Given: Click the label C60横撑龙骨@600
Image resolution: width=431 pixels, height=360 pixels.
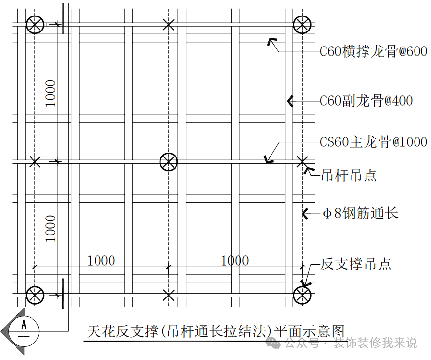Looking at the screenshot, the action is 374,51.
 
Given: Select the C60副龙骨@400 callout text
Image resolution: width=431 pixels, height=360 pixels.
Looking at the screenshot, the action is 367,101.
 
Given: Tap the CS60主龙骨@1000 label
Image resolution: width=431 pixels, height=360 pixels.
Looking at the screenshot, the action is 374,142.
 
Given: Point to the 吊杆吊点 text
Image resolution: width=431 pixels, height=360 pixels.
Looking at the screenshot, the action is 349,175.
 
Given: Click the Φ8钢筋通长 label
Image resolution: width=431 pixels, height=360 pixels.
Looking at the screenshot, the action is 361,213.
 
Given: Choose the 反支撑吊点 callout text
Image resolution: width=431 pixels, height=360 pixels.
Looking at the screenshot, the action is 356,264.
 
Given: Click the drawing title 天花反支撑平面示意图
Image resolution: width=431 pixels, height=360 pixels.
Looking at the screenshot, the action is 216,331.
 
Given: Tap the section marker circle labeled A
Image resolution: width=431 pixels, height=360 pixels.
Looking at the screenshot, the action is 24,331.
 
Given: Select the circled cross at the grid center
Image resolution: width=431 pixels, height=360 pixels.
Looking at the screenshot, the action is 169,162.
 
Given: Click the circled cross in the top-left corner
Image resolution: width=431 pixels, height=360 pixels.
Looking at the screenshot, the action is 35,25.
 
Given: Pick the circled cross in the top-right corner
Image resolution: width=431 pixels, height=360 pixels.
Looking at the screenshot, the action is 302,25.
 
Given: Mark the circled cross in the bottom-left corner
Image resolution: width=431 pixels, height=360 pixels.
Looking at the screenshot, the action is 35,296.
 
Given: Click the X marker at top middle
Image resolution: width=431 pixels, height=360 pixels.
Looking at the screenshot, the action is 169,25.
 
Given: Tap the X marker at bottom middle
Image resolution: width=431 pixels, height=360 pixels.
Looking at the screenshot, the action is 169,296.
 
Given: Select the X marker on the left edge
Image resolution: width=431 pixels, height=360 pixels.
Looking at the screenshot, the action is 35,161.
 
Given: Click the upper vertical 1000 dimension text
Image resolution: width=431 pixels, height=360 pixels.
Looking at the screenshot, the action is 50,94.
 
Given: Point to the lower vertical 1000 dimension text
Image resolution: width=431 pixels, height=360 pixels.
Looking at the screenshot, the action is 50,229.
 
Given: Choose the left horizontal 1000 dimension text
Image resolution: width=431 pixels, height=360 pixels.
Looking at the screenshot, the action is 101,261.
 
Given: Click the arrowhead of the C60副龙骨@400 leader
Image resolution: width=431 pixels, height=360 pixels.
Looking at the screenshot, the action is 290,101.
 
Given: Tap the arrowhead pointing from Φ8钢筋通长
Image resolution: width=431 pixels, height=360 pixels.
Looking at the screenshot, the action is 305,214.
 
